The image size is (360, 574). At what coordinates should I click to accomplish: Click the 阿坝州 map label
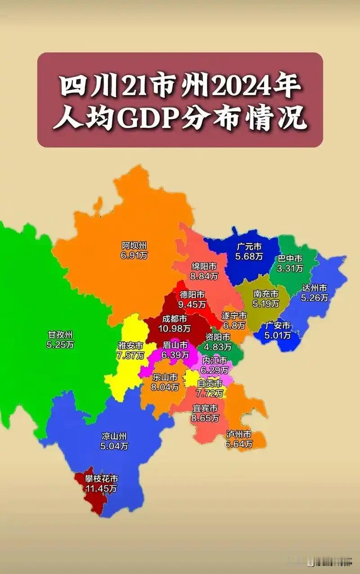tap(134, 246)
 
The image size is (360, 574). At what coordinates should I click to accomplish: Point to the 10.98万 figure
tap(175, 329)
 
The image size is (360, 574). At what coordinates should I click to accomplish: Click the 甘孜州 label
tap(60, 335)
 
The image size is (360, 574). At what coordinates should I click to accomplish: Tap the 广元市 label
tap(249, 247)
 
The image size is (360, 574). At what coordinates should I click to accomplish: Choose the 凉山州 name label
tap(114, 436)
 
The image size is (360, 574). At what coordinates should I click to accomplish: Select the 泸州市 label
tap(239, 434)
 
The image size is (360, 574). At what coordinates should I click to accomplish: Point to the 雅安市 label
tap(131, 346)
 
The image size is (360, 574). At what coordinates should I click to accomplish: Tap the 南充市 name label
tap(266, 294)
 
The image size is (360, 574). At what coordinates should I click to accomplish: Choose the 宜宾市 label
tap(205, 408)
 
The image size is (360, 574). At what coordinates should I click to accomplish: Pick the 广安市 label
tap(278, 325)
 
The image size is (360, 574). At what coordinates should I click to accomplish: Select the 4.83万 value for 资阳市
tap(218, 347)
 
